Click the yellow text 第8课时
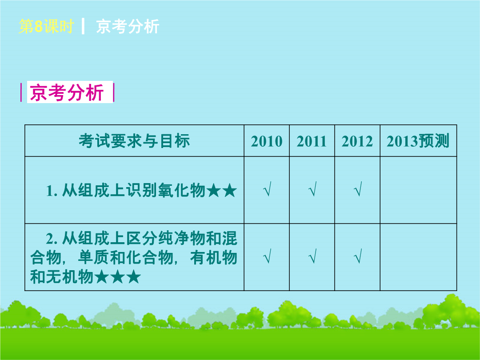pos(46,26)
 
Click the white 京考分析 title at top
pos(128,26)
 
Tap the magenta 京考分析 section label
pos(67,92)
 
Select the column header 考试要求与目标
pos(134,141)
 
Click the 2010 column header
pos(267,141)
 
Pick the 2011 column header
pos(312,141)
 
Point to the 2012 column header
pos(357,141)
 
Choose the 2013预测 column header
pos(418,141)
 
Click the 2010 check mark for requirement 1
pos(267,189)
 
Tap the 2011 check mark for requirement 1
pos(312,189)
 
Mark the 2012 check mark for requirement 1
pos(357,189)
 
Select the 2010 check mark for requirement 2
pos(267,256)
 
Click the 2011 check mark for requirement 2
pos(312,256)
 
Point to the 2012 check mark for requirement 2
pos(357,256)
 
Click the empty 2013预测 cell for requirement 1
pos(419,190)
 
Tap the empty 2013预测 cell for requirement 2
pos(419,257)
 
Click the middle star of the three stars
pos(117,276)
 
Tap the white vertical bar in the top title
pos(83,26)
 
